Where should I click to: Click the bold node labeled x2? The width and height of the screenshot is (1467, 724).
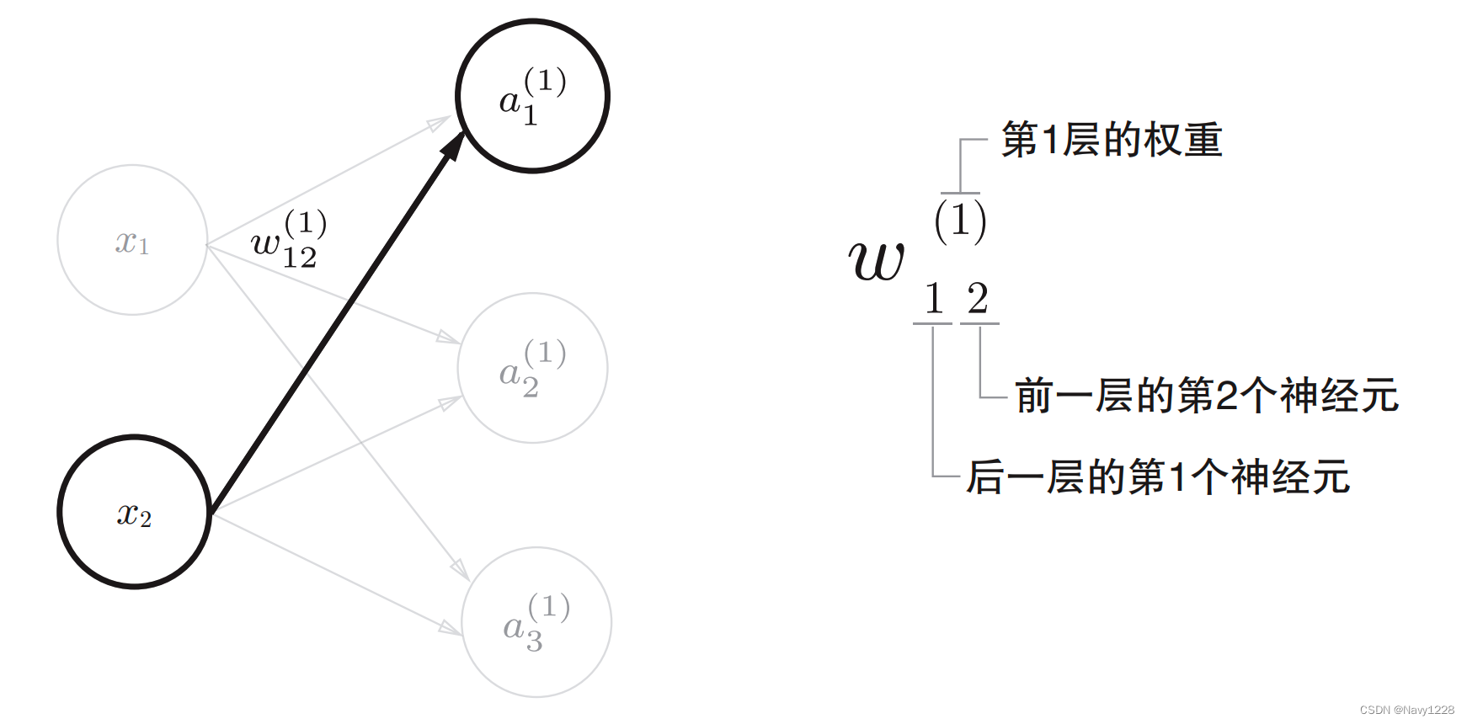(134, 512)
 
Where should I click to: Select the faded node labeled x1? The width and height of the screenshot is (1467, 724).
(132, 240)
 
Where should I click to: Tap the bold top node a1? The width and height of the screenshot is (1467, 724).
(532, 96)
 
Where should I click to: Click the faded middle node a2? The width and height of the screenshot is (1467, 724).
(532, 368)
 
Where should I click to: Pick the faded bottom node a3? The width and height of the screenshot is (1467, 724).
(536, 622)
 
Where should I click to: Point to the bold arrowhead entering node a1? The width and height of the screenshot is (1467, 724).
(453, 146)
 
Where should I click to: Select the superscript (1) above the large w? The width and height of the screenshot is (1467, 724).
(960, 220)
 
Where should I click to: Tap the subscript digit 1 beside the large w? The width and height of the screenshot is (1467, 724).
(933, 299)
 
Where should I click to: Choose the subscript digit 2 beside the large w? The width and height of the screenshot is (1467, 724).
(978, 299)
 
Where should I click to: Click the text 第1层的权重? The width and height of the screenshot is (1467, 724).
(1112, 140)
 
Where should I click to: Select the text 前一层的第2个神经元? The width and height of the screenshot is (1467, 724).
(1206, 396)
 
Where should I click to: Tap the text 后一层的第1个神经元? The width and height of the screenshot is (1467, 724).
(1158, 477)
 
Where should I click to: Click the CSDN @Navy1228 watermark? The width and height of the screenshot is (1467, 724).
(1406, 710)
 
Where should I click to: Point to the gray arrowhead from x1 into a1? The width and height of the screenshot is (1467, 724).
(439, 124)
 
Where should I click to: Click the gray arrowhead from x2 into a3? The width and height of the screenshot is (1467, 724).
(450, 627)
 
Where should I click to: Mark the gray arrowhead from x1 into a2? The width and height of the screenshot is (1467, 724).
(448, 338)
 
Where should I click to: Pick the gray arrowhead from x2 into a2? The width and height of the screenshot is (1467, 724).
(451, 402)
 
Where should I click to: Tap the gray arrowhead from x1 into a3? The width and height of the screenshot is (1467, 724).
(461, 570)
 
